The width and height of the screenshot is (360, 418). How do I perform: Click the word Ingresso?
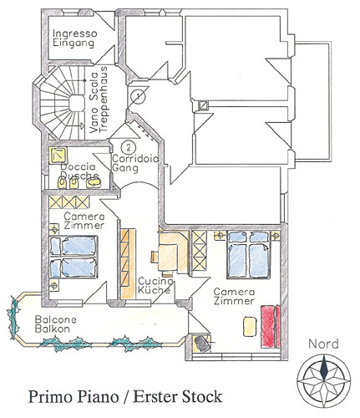pos(75,34)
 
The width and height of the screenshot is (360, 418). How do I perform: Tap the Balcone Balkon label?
pos(55,324)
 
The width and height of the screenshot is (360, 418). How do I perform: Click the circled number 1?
pos(138,96)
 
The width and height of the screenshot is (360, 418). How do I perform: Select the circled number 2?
pos(129,147)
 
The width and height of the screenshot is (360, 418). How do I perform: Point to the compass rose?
pos(324,380)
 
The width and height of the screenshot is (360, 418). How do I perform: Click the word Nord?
pos(323,344)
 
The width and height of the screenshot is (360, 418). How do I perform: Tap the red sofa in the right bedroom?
pos(270,326)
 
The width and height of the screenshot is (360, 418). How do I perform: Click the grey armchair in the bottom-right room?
pos(202,344)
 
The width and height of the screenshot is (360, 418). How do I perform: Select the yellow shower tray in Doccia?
pos(58,155)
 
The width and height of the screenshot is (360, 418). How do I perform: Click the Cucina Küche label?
pos(155,285)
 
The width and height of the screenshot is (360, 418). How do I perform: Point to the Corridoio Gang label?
pos(134,163)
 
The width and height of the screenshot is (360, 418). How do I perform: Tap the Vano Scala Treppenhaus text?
pos(99,99)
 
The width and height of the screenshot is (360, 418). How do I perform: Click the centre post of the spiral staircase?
pos(77,103)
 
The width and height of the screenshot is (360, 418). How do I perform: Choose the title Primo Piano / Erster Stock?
pos(125,396)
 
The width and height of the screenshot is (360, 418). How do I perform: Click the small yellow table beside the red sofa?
pos(250,326)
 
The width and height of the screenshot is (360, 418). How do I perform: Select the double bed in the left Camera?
pos(74,257)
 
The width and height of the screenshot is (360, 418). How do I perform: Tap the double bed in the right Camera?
pos(248,255)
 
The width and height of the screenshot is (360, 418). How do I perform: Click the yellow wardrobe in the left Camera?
pos(69,202)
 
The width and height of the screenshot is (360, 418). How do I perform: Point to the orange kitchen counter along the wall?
pos(128,264)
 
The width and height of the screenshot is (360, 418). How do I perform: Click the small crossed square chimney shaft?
pos(203,105)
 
